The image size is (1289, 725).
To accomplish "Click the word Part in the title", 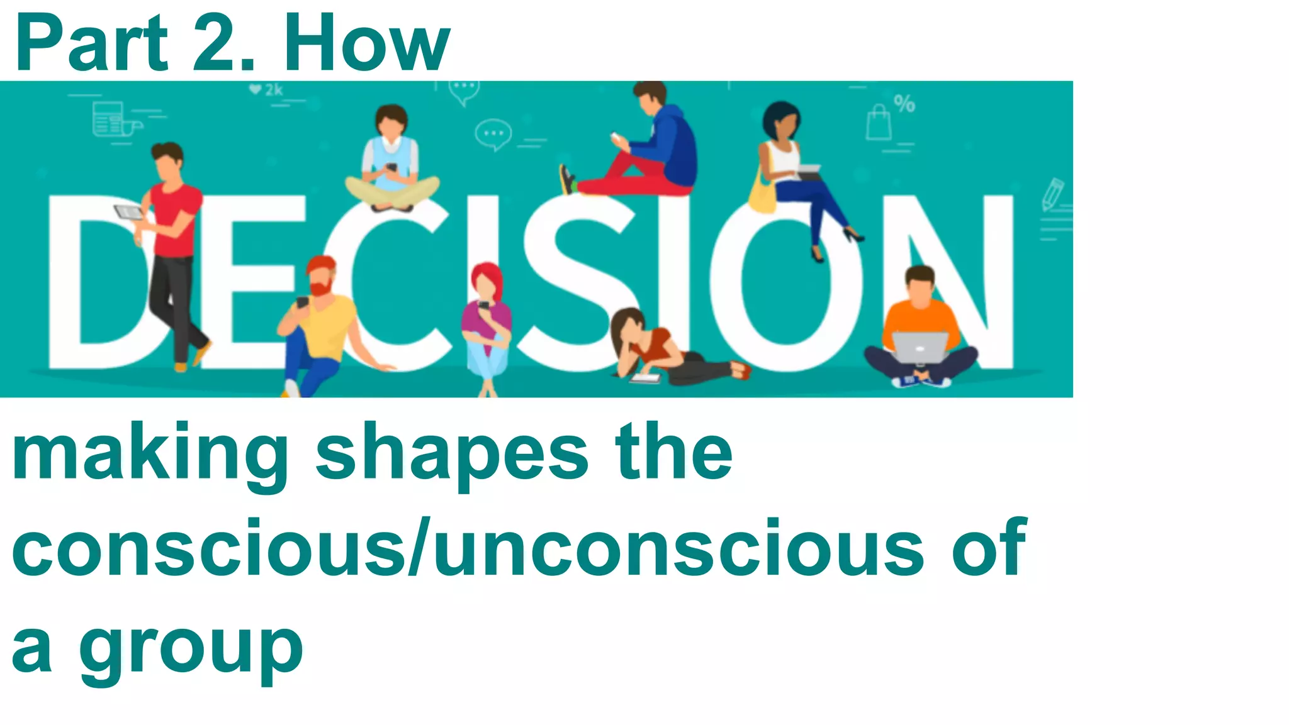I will click(x=92, y=44).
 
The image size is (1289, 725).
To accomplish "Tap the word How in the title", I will click(x=366, y=44).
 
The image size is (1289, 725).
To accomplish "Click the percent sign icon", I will click(x=904, y=103).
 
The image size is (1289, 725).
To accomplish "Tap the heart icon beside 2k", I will click(x=255, y=89).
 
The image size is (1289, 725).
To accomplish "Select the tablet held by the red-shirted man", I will click(x=128, y=213).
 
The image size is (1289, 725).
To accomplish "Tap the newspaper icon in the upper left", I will click(x=109, y=119).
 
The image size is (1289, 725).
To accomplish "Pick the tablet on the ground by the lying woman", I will click(x=646, y=379).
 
